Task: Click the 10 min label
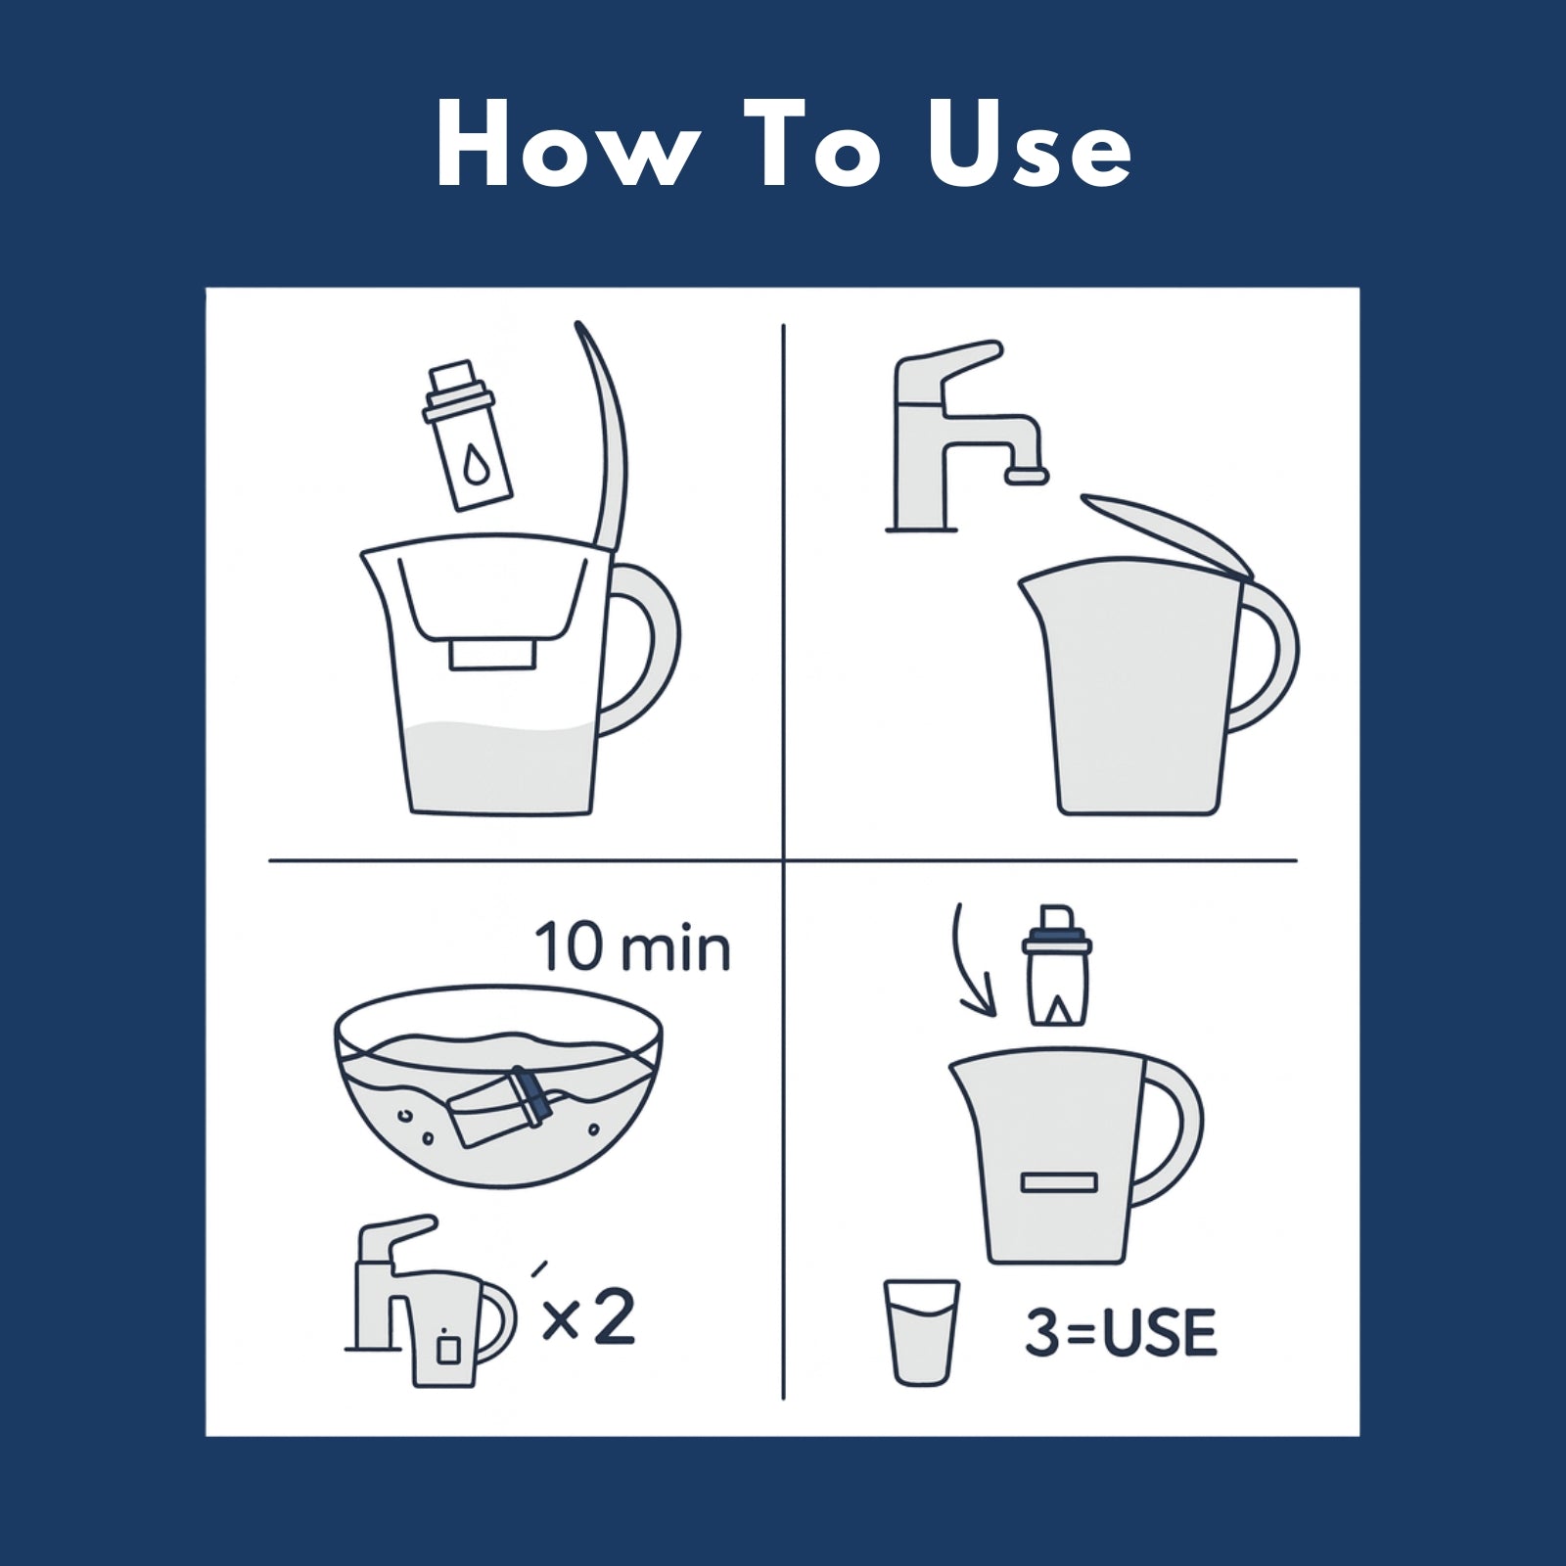pos(633,946)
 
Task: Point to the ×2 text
pos(588,1317)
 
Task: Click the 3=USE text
pos(1121,1332)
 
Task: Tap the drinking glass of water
pos(921,1332)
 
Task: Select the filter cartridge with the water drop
pos(467,436)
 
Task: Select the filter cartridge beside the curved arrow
pos(1057,964)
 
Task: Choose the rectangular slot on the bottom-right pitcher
pos(1059,1182)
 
